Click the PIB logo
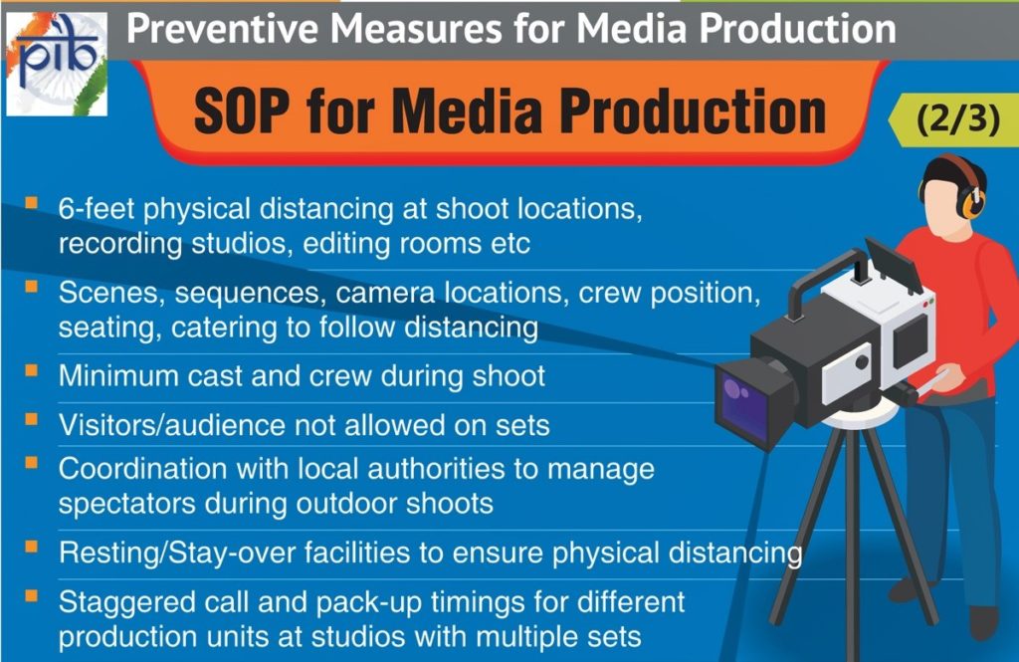[57, 64]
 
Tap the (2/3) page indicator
[958, 119]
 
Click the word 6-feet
[97, 209]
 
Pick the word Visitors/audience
[172, 425]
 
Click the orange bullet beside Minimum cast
[31, 370]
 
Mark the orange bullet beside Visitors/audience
[31, 419]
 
